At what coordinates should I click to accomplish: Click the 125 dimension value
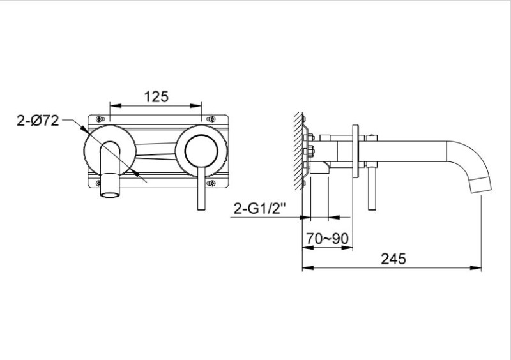point(156,96)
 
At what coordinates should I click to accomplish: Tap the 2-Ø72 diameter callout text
point(38,121)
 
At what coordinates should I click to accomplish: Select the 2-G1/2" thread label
point(259,208)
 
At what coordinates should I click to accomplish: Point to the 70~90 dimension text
point(327,239)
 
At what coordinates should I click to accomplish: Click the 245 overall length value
point(393,259)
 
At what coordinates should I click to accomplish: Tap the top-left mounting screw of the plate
point(100,119)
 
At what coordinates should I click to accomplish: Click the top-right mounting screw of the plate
point(212,119)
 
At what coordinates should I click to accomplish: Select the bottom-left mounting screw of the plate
point(99,183)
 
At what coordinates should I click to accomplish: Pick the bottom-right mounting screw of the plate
point(212,183)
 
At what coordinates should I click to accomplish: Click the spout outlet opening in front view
point(110,195)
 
